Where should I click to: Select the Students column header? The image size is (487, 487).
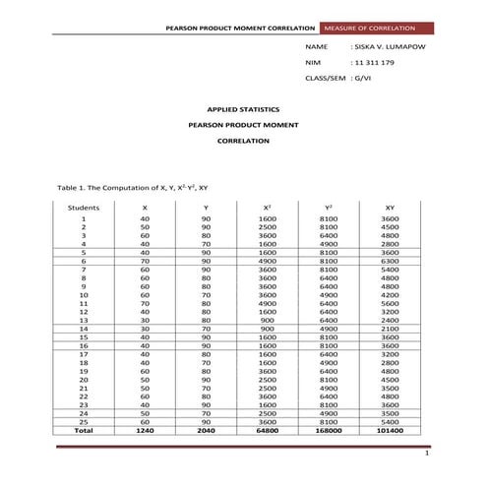pos(84,208)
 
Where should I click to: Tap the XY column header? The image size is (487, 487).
pos(390,208)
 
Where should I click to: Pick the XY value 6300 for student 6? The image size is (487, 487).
pos(390,261)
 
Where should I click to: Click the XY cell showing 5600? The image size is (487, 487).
pos(390,303)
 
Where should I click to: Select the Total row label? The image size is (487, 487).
pos(84,430)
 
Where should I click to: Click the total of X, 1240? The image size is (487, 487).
pos(146,430)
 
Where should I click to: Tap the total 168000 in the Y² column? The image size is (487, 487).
pos(329,430)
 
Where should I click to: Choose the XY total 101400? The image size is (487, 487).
pos(390,430)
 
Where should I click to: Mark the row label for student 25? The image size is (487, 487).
pos(84,422)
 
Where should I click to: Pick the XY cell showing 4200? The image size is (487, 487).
pos(390,294)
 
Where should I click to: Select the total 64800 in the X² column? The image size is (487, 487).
pos(267,430)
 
